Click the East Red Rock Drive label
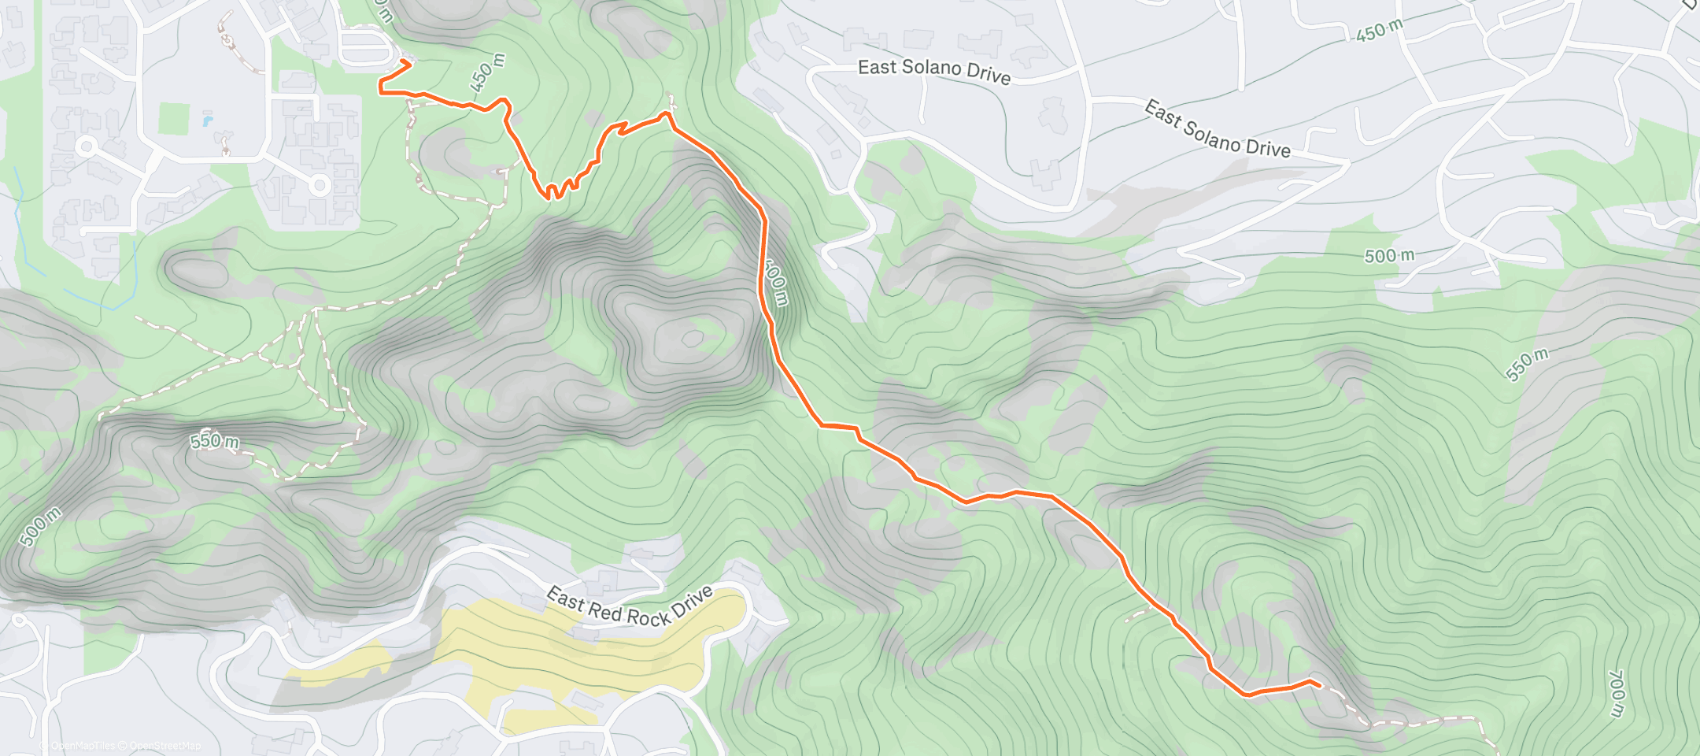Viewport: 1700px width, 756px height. tap(630, 606)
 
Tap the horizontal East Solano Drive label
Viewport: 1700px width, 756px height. tap(934, 71)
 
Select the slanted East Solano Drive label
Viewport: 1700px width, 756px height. tap(1217, 129)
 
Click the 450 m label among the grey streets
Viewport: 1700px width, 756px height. tap(1379, 30)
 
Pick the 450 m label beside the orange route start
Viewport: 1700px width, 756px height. tap(486, 72)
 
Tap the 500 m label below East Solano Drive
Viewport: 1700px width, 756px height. tap(1389, 256)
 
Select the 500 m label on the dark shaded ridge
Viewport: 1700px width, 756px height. tap(39, 527)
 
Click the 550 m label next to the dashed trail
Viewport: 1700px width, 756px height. tap(214, 441)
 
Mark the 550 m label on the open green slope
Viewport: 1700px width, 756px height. tap(1527, 364)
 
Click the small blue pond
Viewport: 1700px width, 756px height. tap(207, 121)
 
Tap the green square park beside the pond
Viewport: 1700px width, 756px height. tap(174, 119)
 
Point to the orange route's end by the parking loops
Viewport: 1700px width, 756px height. tap(405, 61)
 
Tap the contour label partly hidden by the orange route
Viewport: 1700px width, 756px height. tap(776, 283)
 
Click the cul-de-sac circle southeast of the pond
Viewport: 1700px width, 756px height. tap(320, 186)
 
